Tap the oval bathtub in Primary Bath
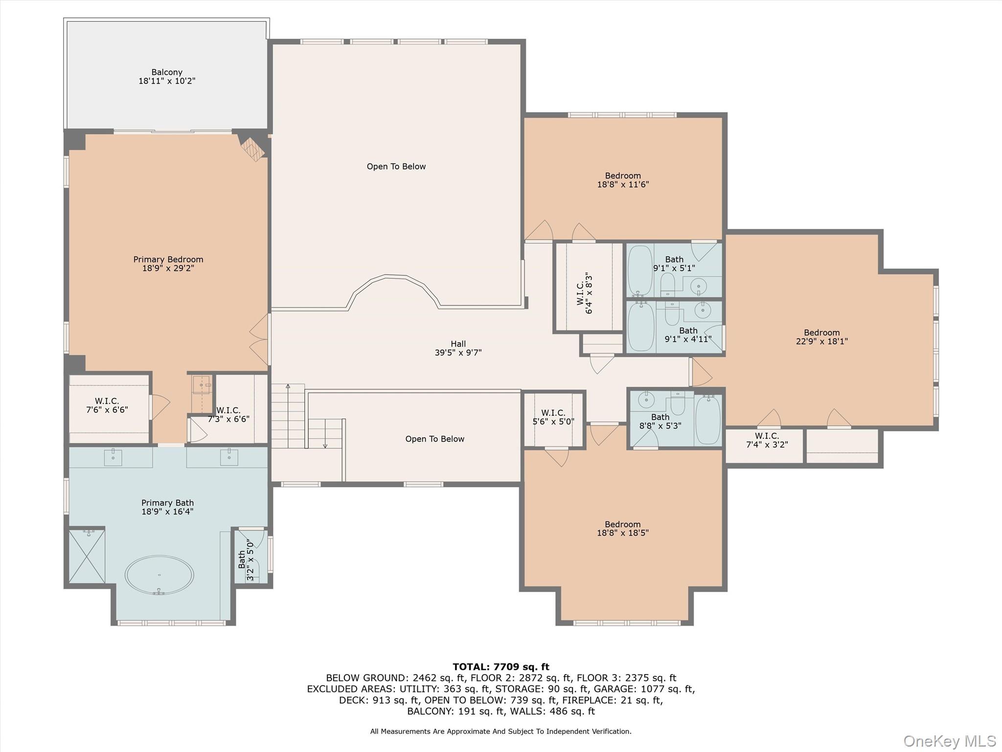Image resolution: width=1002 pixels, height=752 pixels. pos(159,575)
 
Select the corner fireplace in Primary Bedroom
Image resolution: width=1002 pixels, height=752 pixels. pos(252,149)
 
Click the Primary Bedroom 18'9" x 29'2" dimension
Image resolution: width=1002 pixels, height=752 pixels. pos(168,268)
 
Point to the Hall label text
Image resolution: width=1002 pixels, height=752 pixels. pos(458,344)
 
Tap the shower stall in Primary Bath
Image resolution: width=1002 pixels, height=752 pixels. pos(87,556)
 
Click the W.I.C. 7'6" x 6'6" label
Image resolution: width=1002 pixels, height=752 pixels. pos(107,405)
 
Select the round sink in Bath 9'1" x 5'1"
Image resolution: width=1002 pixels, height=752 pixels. pos(700,285)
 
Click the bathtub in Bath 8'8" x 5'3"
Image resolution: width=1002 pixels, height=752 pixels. pos(707,421)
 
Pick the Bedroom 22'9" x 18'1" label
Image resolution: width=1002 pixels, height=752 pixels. pos(821,337)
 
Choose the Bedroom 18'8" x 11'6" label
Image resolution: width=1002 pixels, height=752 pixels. pos(622,180)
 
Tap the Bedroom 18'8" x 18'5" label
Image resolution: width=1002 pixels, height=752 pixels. pos(622,529)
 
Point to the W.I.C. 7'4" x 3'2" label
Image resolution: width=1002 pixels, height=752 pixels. pos(767,440)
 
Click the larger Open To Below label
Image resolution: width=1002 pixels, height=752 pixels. pos(396,166)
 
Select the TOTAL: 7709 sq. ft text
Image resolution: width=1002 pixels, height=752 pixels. pos(501,666)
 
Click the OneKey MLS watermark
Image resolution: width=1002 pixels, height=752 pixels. pos(949,741)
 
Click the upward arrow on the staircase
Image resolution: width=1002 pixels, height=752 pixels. pos(288,387)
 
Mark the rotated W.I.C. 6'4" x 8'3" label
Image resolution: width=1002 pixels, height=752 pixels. pos(584,293)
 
